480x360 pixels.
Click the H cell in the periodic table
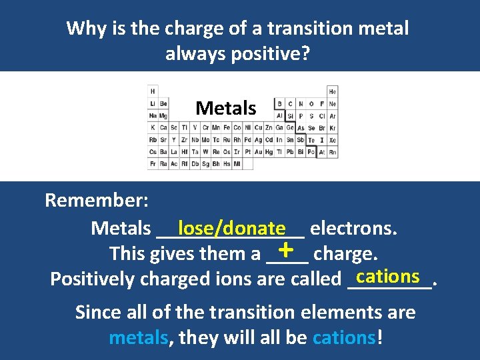(x=153, y=91)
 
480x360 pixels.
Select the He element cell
(x=333, y=91)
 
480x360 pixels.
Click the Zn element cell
(x=269, y=128)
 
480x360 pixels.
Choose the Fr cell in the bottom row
(x=153, y=164)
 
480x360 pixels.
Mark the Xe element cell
(x=333, y=140)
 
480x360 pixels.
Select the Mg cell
(x=163, y=116)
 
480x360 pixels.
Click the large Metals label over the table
(x=225, y=108)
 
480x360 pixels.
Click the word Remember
(x=97, y=200)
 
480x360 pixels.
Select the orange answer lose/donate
(x=231, y=228)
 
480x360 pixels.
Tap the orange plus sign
(x=286, y=250)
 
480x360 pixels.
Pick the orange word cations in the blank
(x=388, y=275)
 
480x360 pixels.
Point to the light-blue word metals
(x=139, y=337)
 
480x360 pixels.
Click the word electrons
(x=353, y=229)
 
